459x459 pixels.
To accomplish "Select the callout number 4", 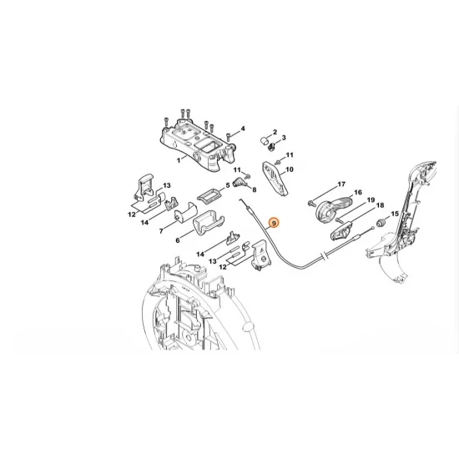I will coord(242,129).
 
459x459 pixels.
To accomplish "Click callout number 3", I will coord(284,139).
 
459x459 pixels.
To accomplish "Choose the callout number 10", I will coord(290,169).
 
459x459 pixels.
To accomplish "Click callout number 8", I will coord(254,189).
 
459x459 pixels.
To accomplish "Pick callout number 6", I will coord(178,240).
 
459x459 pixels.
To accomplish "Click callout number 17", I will coord(340,184).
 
